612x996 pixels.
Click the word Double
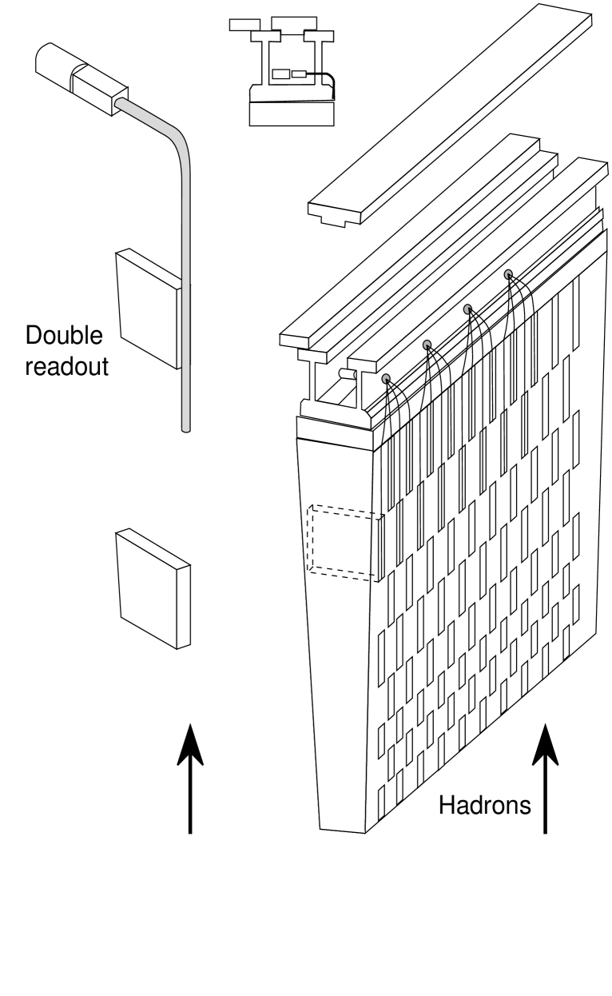pyautogui.click(x=64, y=337)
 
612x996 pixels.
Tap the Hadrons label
pyautogui.click(x=484, y=806)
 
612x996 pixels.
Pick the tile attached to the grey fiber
pyautogui.click(x=147, y=309)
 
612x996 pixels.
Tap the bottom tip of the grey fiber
pyautogui.click(x=186, y=429)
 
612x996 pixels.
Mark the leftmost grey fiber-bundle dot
pyautogui.click(x=387, y=379)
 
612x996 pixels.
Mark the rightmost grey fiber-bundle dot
pyautogui.click(x=508, y=275)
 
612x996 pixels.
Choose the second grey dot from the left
pyautogui.click(x=427, y=345)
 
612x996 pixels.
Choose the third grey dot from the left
pyautogui.click(x=468, y=309)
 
